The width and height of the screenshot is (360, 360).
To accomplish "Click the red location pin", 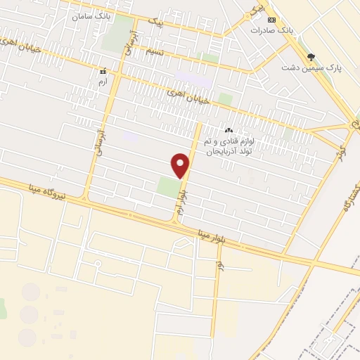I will coord(181,165).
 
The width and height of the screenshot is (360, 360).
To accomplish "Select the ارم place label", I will coord(103,82).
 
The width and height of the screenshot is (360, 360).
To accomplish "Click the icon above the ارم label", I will coord(103,71).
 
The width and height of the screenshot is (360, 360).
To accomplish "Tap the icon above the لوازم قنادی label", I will coord(229,130).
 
